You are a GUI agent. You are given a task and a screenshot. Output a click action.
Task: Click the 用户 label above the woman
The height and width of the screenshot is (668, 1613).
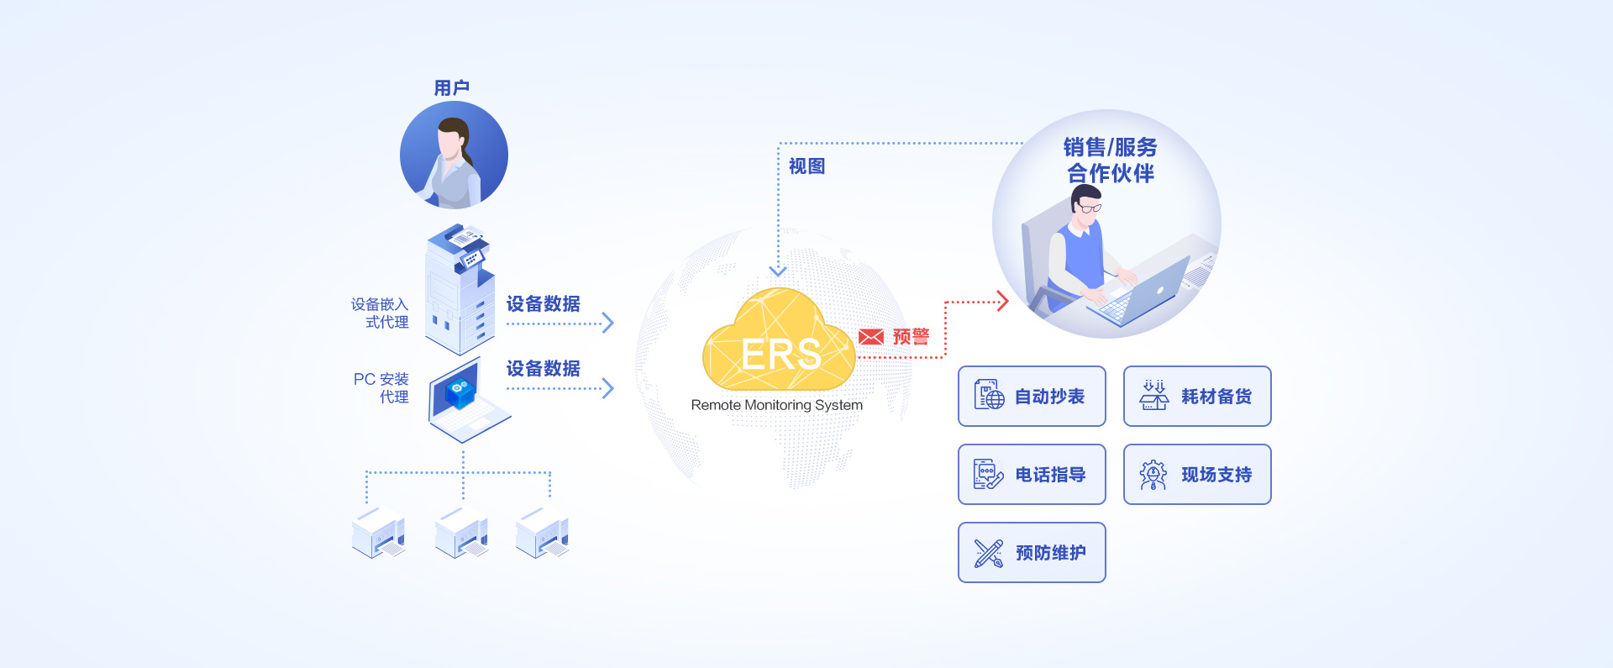(451, 87)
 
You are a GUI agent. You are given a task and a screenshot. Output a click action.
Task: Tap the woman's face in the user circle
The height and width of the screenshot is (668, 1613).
(451, 143)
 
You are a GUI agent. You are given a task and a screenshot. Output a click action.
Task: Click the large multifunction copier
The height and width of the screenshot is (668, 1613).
(459, 290)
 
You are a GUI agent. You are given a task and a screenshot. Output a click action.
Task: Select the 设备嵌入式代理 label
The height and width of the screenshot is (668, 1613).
(381, 313)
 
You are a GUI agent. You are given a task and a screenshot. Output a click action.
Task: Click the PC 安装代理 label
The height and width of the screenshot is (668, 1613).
(382, 387)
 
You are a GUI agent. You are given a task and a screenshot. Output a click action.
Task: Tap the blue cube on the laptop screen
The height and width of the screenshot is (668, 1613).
(460, 391)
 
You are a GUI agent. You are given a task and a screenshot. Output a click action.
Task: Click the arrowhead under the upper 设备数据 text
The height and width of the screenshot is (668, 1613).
(608, 323)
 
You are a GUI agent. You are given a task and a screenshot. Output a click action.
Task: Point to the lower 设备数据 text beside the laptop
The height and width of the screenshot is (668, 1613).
(543, 368)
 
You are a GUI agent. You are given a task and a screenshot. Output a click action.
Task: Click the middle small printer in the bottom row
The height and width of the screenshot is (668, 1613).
(461, 533)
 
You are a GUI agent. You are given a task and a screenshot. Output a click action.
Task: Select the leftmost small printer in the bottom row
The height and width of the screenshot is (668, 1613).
(378, 533)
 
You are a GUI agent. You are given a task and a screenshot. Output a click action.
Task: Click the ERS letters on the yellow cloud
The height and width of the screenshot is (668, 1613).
(780, 355)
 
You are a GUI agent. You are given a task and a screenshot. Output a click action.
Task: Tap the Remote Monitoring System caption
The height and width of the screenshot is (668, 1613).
(776, 405)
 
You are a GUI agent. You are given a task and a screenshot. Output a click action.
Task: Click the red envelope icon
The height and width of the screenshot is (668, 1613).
(871, 337)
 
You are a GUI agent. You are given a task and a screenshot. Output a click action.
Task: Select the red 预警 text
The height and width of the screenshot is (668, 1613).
(911, 337)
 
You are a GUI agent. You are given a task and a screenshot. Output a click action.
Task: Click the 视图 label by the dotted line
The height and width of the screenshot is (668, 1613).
(806, 166)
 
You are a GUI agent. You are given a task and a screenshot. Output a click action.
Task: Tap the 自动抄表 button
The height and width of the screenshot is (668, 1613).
(1032, 396)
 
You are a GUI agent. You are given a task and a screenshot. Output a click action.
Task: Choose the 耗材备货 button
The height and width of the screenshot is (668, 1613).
(1197, 396)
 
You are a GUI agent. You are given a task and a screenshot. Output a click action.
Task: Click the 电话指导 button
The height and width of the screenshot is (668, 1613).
(1032, 475)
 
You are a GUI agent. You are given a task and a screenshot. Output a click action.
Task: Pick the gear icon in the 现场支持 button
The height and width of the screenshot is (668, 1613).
(1153, 475)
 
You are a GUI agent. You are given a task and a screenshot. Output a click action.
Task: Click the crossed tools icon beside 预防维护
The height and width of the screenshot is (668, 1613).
(989, 553)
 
